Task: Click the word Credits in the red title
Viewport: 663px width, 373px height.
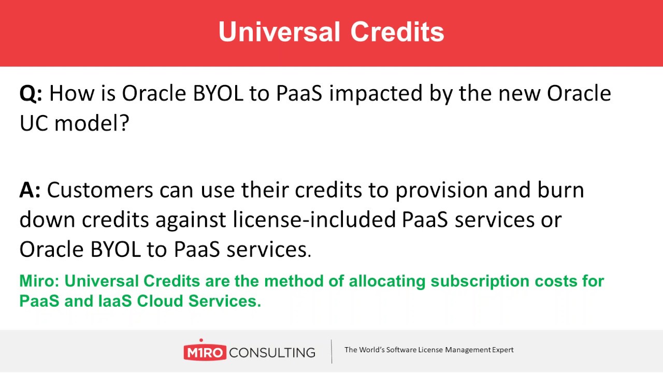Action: point(397,32)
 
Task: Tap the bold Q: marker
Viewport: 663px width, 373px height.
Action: point(31,94)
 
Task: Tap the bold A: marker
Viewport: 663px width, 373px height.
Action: point(30,191)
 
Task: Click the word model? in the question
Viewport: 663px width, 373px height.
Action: point(91,123)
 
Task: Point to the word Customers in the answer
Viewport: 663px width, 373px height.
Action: point(100,191)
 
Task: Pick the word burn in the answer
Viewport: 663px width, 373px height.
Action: point(563,191)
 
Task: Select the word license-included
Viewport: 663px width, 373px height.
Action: point(314,220)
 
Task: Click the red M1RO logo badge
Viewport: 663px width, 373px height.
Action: point(205,353)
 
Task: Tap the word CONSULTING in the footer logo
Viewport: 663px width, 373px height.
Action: point(272,353)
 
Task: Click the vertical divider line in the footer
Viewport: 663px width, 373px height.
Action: point(332,351)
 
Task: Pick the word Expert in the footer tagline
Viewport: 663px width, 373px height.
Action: point(502,350)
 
